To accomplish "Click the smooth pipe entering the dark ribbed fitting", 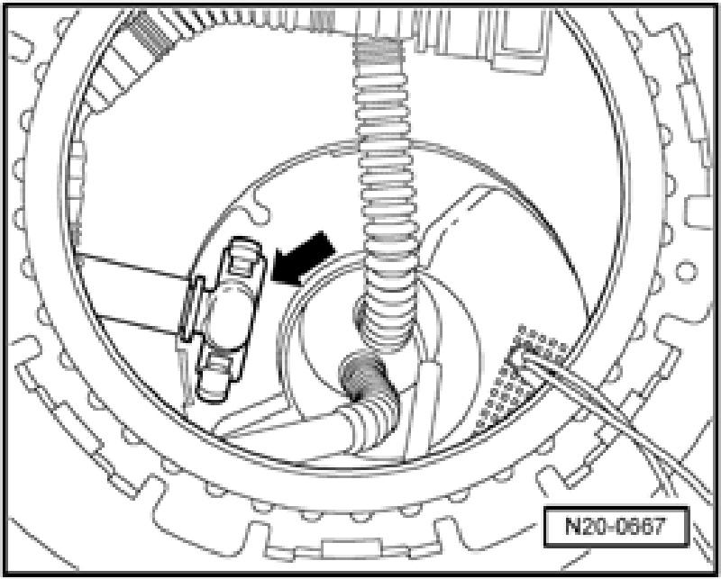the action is [297, 423].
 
